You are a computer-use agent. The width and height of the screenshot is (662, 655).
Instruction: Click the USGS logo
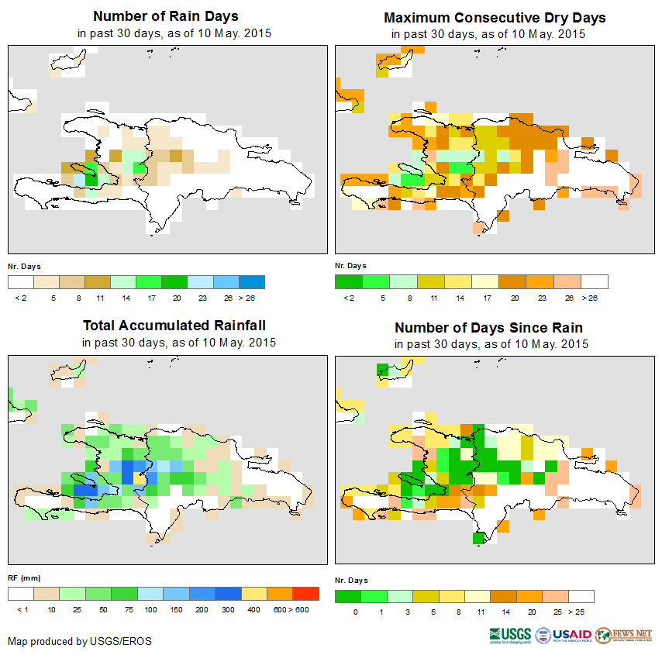tap(511, 634)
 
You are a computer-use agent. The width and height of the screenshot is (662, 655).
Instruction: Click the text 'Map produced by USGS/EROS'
tap(80, 641)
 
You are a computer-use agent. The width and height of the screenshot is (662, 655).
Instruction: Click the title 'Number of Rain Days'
tap(166, 16)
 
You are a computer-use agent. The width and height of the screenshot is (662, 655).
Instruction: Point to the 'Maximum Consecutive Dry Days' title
tap(495, 17)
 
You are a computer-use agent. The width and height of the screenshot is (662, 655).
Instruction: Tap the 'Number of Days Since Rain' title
tap(488, 327)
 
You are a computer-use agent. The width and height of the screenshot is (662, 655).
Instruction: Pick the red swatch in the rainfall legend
tap(305, 594)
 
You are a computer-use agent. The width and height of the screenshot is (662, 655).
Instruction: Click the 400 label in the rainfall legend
tap(253, 610)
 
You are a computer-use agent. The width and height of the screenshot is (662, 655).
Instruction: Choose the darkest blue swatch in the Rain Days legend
tap(252, 281)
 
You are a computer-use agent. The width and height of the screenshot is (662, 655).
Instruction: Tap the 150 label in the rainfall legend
tap(176, 610)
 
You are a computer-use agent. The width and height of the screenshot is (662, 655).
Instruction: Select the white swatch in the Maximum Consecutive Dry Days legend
tap(595, 281)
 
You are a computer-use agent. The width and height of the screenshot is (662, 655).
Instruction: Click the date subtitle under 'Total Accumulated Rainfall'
tap(178, 343)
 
